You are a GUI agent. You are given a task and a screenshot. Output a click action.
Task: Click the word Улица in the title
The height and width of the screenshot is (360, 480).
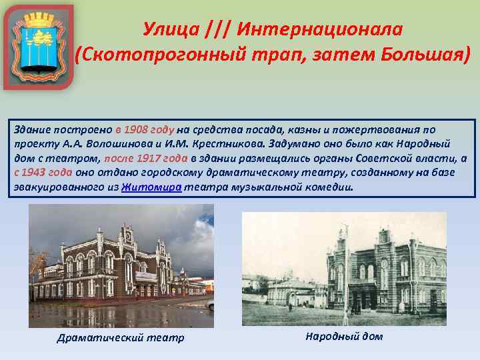(x=171, y=30)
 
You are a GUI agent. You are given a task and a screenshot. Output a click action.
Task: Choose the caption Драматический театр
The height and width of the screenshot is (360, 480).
(x=121, y=337)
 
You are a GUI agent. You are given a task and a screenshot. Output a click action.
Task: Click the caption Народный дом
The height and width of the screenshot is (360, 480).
(x=344, y=336)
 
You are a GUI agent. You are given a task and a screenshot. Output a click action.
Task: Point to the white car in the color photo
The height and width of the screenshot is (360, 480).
(x=209, y=305)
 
